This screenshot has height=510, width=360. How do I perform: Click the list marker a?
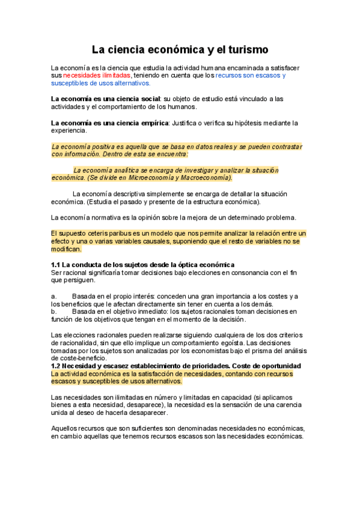coord(54,296)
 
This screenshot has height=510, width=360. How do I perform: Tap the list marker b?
coord(54,312)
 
